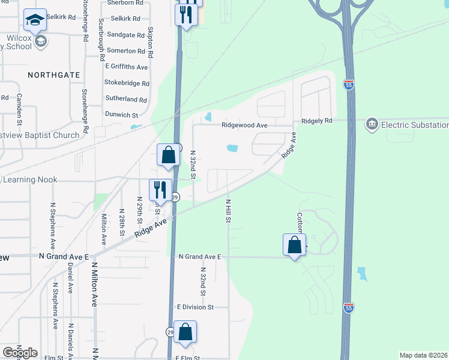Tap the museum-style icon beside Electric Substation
tap(371, 124)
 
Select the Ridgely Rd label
tap(316, 121)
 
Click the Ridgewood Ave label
tap(244, 125)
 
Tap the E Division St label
tap(195, 307)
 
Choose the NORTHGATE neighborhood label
tap(53, 74)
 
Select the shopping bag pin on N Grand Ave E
tap(294, 245)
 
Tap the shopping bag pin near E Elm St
tap(185, 332)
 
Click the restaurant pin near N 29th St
tap(160, 190)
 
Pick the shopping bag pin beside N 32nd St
tap(169, 155)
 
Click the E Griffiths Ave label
tap(126, 67)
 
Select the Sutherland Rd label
tap(125, 100)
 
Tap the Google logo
tap(20, 353)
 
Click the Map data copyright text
tap(424, 355)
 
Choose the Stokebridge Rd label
tap(126, 83)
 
